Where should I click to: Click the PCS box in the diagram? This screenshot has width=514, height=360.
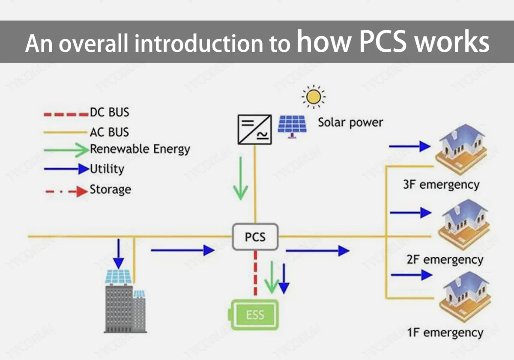tap(255, 237)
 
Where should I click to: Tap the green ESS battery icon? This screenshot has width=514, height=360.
tap(255, 315)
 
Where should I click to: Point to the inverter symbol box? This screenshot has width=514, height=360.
tap(254, 129)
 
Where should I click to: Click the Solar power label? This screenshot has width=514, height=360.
tap(350, 122)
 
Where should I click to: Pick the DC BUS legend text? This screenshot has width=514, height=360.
tap(109, 113)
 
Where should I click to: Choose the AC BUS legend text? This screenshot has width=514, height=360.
tap(109, 132)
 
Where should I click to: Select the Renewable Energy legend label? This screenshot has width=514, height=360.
tap(140, 149)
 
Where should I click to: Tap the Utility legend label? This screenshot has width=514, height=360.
tap(107, 169)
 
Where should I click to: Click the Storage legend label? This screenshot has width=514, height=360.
tap(110, 190)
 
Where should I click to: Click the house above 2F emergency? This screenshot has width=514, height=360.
tap(461, 223)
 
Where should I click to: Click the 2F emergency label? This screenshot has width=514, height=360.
tap(445, 260)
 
